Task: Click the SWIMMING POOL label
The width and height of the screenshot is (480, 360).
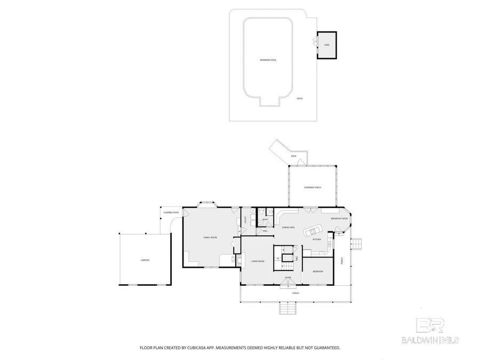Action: (x=268, y=60)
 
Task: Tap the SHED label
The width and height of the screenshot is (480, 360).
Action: (x=326, y=45)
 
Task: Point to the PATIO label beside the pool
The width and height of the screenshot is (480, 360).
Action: (x=300, y=99)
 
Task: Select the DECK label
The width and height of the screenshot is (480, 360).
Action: (x=293, y=156)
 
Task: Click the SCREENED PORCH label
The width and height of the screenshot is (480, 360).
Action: (x=312, y=187)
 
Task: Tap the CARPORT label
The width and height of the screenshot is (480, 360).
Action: (x=145, y=260)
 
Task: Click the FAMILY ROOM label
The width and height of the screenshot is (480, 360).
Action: (x=210, y=237)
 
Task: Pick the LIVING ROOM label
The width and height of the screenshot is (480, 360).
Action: (x=259, y=261)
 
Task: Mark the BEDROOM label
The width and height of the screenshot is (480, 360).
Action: (x=317, y=271)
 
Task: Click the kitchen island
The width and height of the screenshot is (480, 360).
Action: (x=313, y=231)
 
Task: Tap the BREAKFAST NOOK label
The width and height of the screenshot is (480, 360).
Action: (x=339, y=219)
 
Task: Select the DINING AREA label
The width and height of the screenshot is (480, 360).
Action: (x=289, y=227)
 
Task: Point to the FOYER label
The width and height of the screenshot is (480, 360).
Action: (x=287, y=278)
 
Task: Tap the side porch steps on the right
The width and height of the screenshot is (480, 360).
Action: (x=357, y=243)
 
